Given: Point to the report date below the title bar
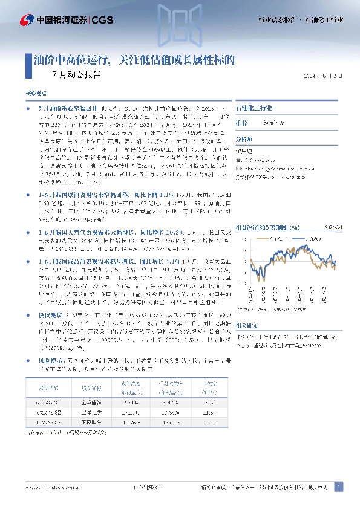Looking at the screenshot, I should (x=326, y=76).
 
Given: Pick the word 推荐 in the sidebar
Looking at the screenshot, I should (x=241, y=122).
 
